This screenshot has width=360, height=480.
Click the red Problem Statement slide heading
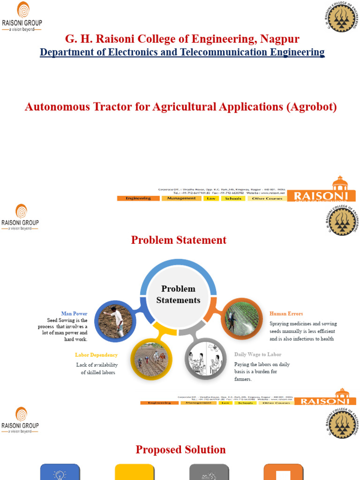click(x=179, y=240)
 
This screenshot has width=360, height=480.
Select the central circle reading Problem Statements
click(x=178, y=294)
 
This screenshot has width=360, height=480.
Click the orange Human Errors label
click(x=286, y=313)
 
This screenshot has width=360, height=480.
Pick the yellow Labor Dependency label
click(x=96, y=355)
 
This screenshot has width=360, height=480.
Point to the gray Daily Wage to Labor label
click(x=258, y=354)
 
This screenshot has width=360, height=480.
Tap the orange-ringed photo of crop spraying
click(x=241, y=319)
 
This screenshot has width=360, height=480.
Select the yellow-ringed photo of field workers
click(x=150, y=359)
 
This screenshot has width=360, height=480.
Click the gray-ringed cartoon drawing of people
click(x=205, y=359)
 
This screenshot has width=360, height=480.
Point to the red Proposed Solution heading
click(x=180, y=450)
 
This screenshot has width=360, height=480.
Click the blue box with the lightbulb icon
click(x=60, y=472)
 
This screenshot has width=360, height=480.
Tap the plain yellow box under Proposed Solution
click(x=135, y=472)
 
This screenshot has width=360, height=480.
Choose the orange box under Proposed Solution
click(x=283, y=472)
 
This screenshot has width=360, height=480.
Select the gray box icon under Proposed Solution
click(x=209, y=472)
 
